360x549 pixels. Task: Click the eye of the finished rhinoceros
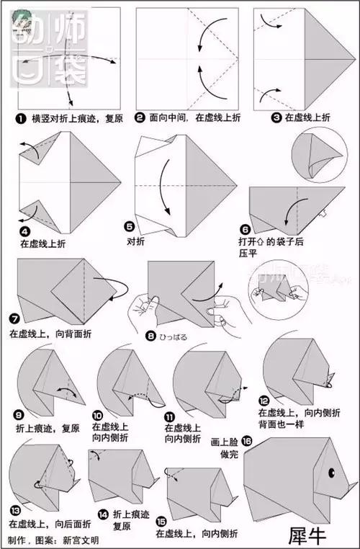click(333, 473)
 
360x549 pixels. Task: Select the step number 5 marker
click(130, 226)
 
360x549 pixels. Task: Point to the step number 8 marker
click(149, 335)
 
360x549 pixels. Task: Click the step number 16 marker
click(247, 439)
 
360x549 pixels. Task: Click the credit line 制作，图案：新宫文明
click(53, 539)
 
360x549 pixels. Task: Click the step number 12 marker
click(264, 401)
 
